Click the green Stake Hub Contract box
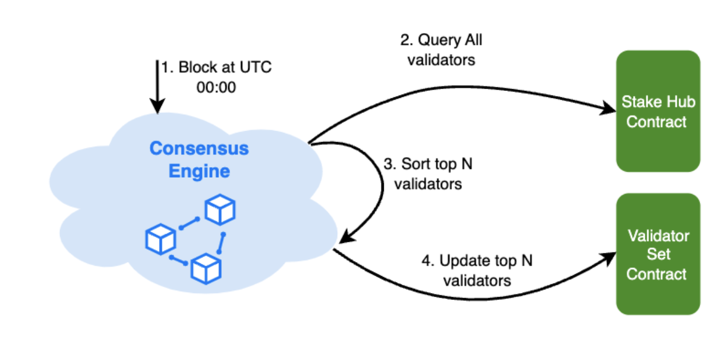(x=658, y=111)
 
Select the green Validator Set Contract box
(x=658, y=254)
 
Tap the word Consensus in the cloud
(x=199, y=149)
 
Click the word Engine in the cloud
(x=199, y=172)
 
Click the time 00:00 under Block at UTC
(x=216, y=89)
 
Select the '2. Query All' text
(x=441, y=41)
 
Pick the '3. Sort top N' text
(x=428, y=164)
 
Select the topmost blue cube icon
(x=220, y=210)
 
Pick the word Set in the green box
(x=658, y=255)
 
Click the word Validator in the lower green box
(x=658, y=236)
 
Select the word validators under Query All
(x=441, y=59)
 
